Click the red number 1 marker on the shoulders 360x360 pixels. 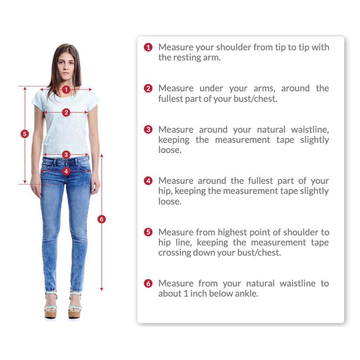tap(66, 89)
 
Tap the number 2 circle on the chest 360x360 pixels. tap(66, 112)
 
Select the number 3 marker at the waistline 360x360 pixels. tap(66, 155)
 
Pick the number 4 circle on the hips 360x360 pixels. tap(66, 171)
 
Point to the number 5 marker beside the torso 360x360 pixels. tap(25, 134)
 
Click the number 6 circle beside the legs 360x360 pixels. tap(102, 219)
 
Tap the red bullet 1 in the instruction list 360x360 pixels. tap(148, 47)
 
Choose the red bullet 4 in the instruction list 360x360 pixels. tap(148, 181)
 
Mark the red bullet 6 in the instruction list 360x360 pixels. tap(148, 284)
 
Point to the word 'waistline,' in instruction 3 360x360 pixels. tap(310, 129)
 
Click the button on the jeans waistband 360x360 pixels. tap(67, 161)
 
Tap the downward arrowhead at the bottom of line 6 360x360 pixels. tap(102, 289)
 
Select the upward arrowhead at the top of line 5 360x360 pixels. tap(25, 89)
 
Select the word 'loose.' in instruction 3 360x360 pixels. tap(170, 150)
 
